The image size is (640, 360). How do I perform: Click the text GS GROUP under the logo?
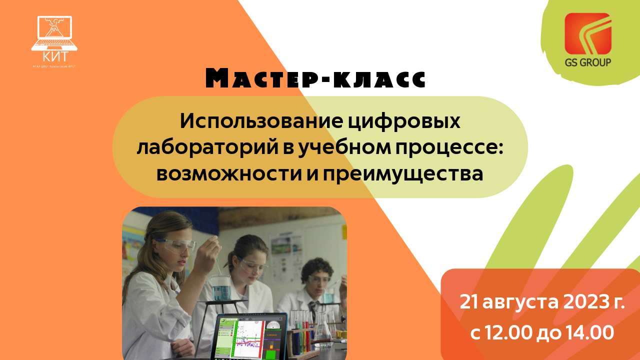587,62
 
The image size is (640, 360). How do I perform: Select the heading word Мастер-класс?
316,78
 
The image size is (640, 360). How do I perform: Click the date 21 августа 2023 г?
542,302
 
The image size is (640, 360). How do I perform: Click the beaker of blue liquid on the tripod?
219,288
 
